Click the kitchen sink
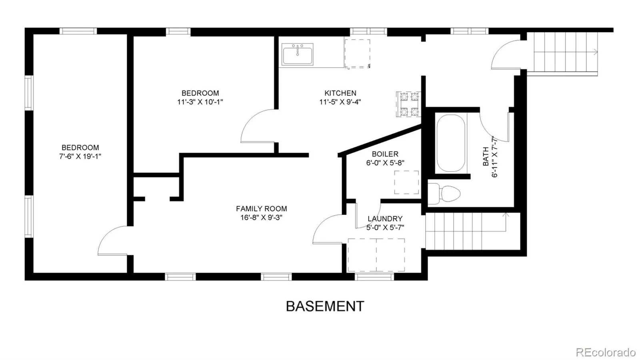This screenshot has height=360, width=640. (x=298, y=54)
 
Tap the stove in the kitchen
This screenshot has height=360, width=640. (x=408, y=104)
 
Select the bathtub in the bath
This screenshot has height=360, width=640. (x=451, y=143)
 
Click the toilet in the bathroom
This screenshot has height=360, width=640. (x=444, y=194)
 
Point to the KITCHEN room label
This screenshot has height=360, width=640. (x=340, y=93)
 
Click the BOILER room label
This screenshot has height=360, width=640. (x=385, y=154)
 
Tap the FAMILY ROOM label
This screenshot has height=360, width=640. (x=262, y=209)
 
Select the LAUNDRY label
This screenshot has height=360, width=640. (x=385, y=219)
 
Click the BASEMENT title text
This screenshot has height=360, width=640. (x=325, y=306)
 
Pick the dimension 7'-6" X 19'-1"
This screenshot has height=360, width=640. (x=80, y=156)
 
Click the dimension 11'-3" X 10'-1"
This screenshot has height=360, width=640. (x=200, y=102)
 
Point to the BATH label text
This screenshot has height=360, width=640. (x=486, y=156)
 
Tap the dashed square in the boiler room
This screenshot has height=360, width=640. (x=406, y=182)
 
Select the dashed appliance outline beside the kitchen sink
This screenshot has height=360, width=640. (x=358, y=54)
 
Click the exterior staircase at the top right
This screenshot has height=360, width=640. (x=562, y=54)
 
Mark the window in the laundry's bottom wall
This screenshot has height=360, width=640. (x=374, y=276)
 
